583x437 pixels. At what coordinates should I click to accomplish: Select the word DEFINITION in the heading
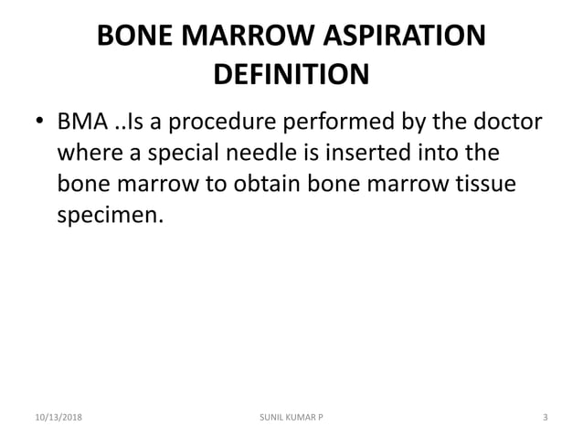[x=291, y=73]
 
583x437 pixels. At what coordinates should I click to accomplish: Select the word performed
[x=367, y=122]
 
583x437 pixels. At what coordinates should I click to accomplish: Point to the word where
[x=89, y=153]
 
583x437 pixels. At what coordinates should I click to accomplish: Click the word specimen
[x=113, y=216]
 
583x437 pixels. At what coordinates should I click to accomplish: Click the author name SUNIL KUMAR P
[x=291, y=418]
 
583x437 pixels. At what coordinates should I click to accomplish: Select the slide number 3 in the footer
[x=545, y=418]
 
